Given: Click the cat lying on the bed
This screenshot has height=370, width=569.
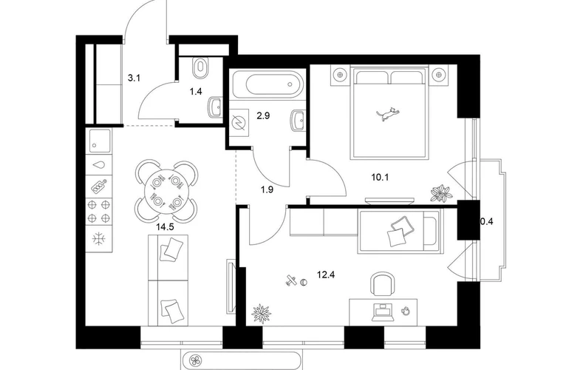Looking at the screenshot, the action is [x=386, y=114].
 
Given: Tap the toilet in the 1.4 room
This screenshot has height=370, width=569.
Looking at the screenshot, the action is [x=200, y=67].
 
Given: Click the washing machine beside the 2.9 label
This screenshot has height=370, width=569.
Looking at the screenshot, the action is [x=239, y=122].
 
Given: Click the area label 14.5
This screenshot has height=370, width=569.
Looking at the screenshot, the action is [x=165, y=227].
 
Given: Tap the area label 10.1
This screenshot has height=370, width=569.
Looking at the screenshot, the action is [x=380, y=178].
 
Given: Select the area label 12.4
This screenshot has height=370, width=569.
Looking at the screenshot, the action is [x=325, y=275].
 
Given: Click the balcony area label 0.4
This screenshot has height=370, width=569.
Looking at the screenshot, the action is [x=487, y=221].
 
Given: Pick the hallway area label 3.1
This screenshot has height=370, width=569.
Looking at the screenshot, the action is [x=134, y=78].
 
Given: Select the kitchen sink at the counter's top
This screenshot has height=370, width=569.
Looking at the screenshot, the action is [x=99, y=141].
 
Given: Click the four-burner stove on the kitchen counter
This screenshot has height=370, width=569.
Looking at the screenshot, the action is [x=99, y=212].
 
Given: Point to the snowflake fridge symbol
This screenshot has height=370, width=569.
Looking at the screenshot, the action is [x=98, y=239].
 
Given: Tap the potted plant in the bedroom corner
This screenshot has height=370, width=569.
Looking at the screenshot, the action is [x=441, y=192].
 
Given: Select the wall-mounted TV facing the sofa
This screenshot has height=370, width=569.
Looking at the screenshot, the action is [x=231, y=286].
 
